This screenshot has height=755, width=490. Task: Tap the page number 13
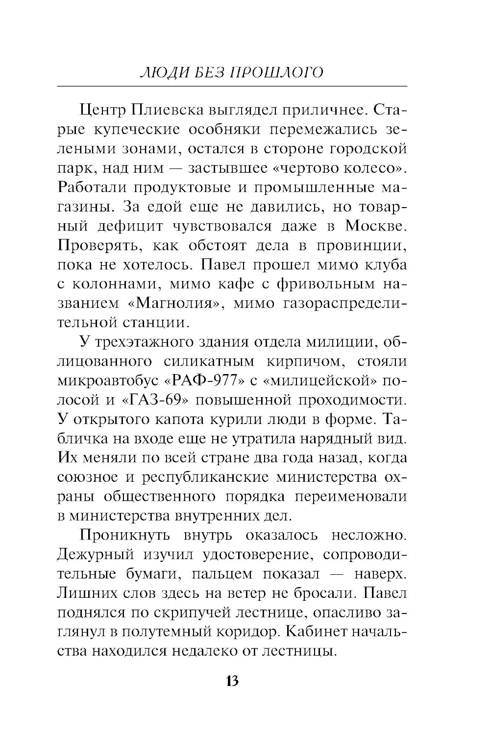pyautogui.click(x=232, y=681)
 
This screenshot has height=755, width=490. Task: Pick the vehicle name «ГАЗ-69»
pyautogui.click(x=155, y=400)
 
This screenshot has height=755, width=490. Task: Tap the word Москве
pyautogui.click(x=376, y=226)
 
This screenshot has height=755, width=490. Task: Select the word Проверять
pyautogui.click(x=99, y=245)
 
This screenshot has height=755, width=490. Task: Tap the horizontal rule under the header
pyautogui.click(x=232, y=86)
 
